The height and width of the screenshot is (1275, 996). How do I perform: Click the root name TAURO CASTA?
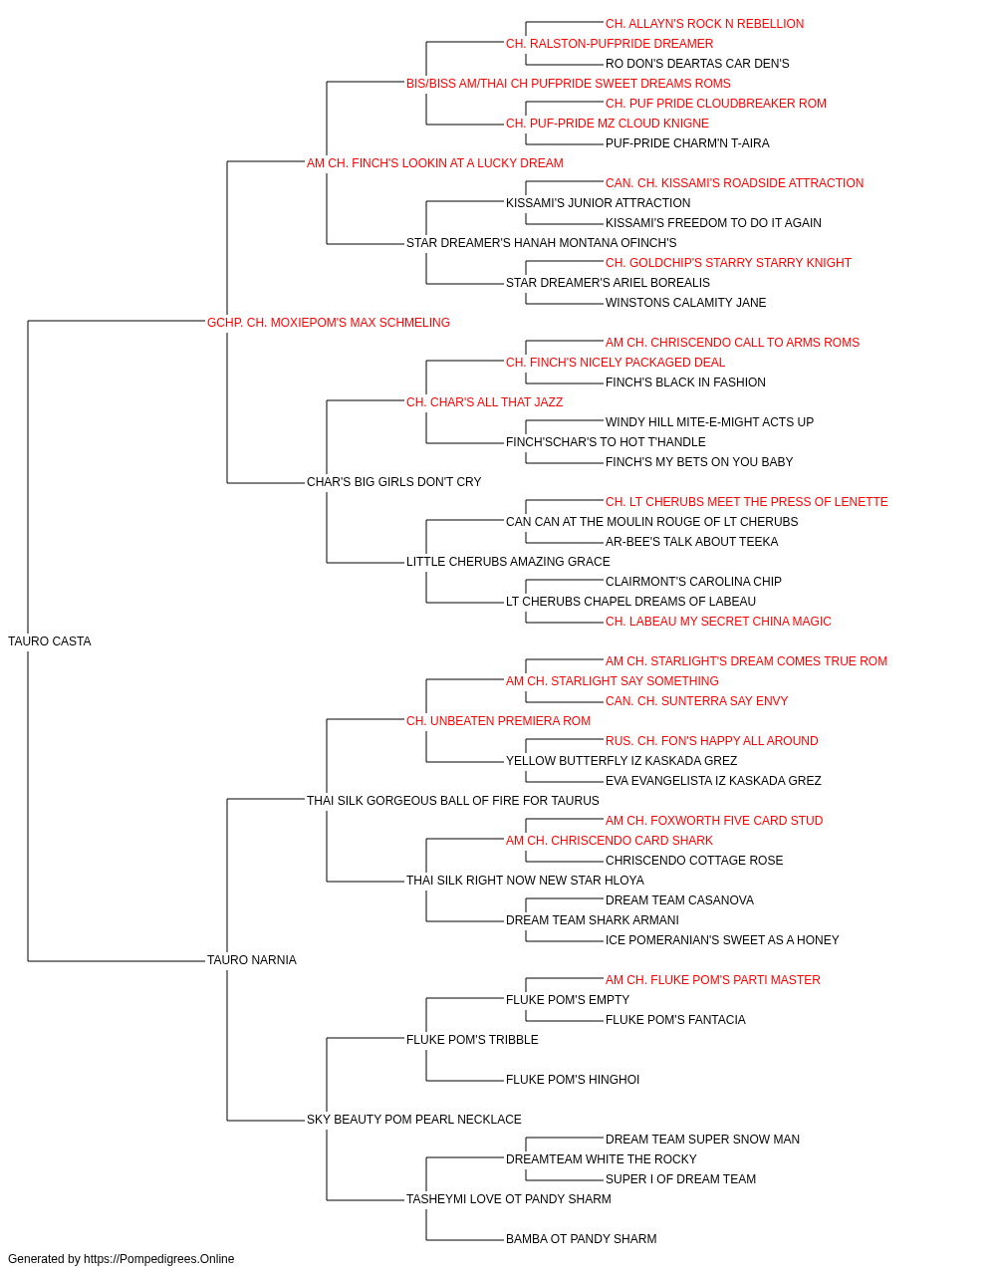49,641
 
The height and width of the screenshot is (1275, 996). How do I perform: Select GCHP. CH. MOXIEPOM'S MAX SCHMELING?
329,323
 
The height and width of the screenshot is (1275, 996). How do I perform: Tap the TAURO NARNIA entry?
252,960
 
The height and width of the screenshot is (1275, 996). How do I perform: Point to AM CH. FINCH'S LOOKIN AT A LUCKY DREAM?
434,163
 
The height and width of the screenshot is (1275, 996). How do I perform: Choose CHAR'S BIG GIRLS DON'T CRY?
393,482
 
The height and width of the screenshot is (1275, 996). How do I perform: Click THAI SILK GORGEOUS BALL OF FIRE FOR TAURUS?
453,800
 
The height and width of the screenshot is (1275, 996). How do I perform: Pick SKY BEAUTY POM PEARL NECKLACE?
414,1119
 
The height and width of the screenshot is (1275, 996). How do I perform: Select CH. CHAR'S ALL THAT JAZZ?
484,401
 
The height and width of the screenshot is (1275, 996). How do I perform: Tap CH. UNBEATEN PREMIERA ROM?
499,720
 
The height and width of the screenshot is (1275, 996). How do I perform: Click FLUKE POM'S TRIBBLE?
472,1040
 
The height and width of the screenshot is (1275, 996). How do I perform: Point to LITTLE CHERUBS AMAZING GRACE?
508,562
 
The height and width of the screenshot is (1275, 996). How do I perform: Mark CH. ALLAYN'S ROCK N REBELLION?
704,24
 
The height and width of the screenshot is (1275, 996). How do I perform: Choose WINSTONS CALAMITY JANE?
685,302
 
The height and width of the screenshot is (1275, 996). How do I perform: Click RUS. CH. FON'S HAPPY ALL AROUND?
711,740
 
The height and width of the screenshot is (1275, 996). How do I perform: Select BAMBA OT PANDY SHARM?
582,1238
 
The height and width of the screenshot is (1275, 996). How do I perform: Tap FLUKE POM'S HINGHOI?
573,1080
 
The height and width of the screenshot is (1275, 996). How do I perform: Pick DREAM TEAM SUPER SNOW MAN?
702,1139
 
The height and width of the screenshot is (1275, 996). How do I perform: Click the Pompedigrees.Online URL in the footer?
159,1259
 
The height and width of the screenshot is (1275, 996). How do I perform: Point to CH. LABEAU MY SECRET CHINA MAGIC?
718,622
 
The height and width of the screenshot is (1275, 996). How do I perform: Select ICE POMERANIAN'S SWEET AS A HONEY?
722,940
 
